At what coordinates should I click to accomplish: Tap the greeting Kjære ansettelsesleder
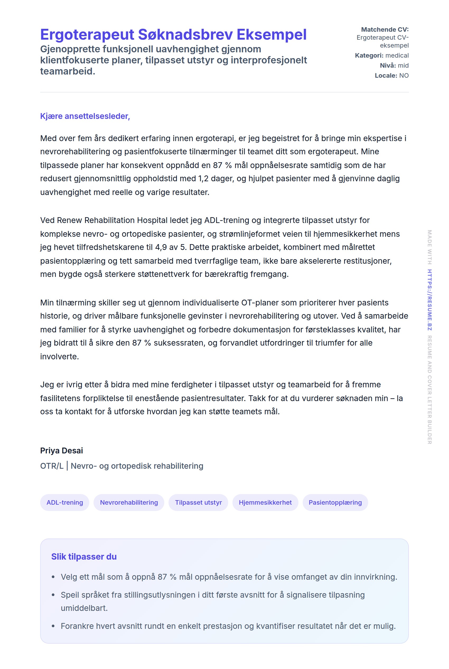tap(85, 116)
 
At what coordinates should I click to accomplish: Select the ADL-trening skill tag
tap(65, 502)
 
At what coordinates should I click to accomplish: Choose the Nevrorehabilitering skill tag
tap(129, 502)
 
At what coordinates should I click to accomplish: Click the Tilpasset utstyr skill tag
tap(198, 502)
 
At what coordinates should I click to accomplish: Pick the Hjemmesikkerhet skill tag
tap(265, 502)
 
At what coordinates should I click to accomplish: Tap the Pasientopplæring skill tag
tap(335, 502)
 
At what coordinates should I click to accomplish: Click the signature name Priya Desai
tap(62, 450)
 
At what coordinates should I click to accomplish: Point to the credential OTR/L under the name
tap(52, 466)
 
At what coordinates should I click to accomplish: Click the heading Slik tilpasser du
tap(84, 556)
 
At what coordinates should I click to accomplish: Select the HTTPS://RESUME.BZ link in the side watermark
tap(429, 300)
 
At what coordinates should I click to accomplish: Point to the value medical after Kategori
tap(397, 55)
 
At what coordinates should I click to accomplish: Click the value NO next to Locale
tap(404, 76)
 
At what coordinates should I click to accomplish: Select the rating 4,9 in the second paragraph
tap(161, 247)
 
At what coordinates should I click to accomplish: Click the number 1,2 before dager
tap(203, 178)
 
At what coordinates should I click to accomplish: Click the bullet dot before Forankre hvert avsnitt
tap(53, 626)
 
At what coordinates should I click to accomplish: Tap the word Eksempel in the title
tap(272, 35)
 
